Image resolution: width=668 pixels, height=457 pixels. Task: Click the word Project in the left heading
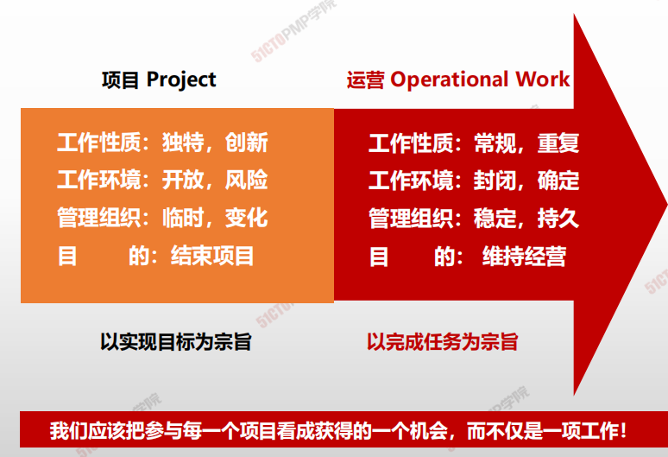(181, 80)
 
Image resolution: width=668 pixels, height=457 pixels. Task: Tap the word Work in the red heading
(542, 79)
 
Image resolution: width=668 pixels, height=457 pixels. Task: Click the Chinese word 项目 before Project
(121, 80)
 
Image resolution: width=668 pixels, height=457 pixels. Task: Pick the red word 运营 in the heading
(366, 79)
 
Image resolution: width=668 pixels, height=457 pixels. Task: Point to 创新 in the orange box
(246, 143)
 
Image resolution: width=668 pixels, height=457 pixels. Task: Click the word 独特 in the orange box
(183, 143)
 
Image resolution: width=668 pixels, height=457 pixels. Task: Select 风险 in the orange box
(246, 180)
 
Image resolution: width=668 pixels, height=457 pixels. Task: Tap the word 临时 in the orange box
(183, 218)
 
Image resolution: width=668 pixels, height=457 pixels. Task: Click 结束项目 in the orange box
(212, 256)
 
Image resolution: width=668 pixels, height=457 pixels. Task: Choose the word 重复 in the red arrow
(558, 143)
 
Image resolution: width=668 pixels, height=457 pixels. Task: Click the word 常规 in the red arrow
(495, 143)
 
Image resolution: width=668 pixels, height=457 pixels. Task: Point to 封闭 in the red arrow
(495, 180)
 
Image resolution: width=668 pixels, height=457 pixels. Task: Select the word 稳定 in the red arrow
(495, 218)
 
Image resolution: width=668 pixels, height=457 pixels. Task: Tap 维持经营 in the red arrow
(524, 257)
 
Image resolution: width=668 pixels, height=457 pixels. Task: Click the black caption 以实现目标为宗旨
(176, 342)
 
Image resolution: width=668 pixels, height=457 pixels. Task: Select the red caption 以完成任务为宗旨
(442, 342)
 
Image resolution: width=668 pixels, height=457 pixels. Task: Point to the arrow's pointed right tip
(666, 205)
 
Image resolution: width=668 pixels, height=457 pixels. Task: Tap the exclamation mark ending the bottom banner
(623, 430)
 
